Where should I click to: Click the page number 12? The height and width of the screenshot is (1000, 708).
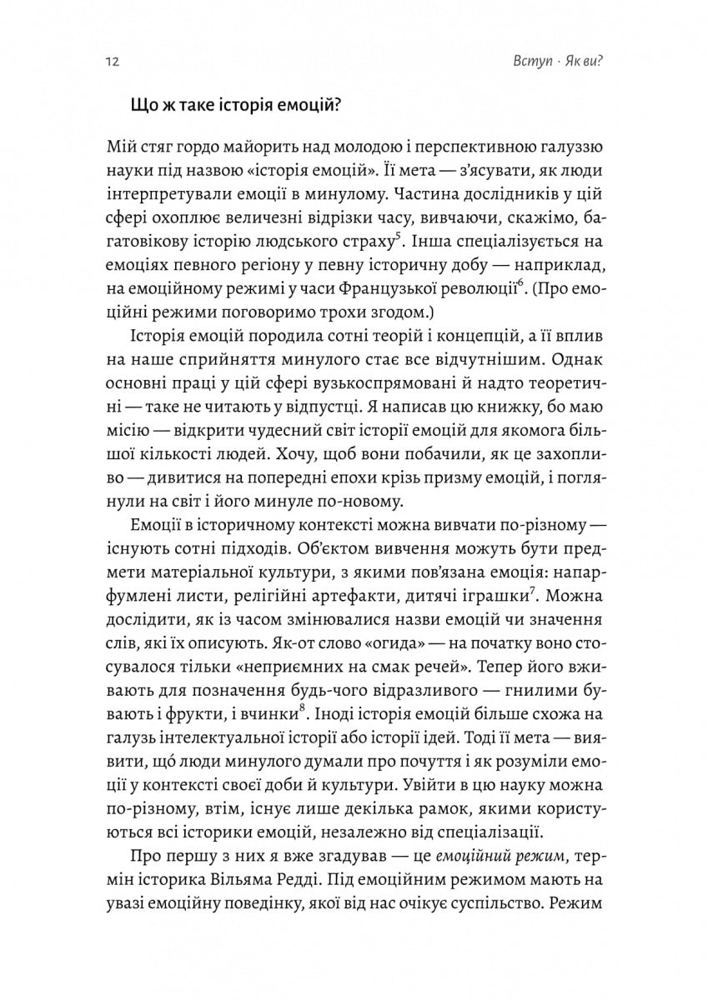[x=112, y=62]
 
